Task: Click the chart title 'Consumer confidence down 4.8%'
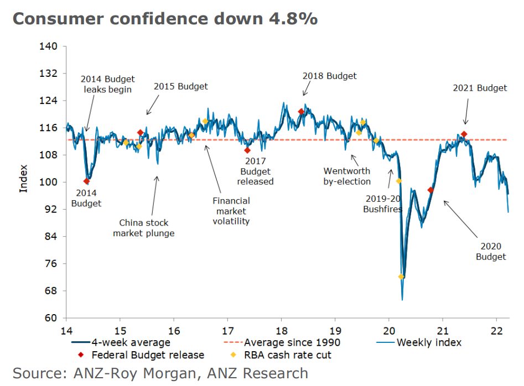(165, 18)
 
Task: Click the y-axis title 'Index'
(23, 178)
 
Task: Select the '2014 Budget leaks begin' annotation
(108, 84)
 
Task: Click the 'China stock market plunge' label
(144, 228)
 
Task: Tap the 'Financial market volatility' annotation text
(231, 211)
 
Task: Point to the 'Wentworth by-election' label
(347, 176)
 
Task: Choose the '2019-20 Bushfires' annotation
(382, 204)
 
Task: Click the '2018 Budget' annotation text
(329, 76)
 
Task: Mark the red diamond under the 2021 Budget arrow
(464, 134)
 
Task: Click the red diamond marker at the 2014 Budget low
(86, 181)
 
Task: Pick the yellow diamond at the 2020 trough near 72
(401, 277)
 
